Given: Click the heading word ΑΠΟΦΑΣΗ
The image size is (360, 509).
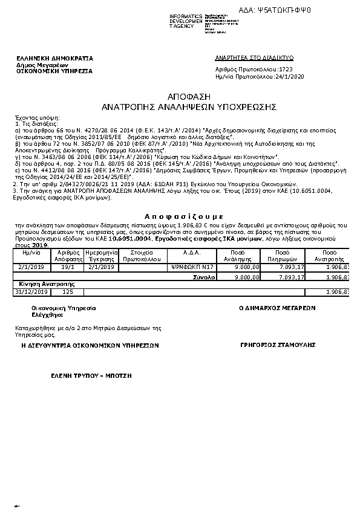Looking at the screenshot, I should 180,97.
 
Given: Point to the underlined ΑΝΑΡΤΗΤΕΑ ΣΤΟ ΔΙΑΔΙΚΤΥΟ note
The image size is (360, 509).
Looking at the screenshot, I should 254,57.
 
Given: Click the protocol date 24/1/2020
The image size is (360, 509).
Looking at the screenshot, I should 289,77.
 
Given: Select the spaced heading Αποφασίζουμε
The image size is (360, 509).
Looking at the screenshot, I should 180,216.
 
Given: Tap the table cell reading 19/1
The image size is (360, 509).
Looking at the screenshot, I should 68,266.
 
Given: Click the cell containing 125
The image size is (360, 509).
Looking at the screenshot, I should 68,292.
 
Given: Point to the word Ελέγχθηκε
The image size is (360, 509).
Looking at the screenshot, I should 44,315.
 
